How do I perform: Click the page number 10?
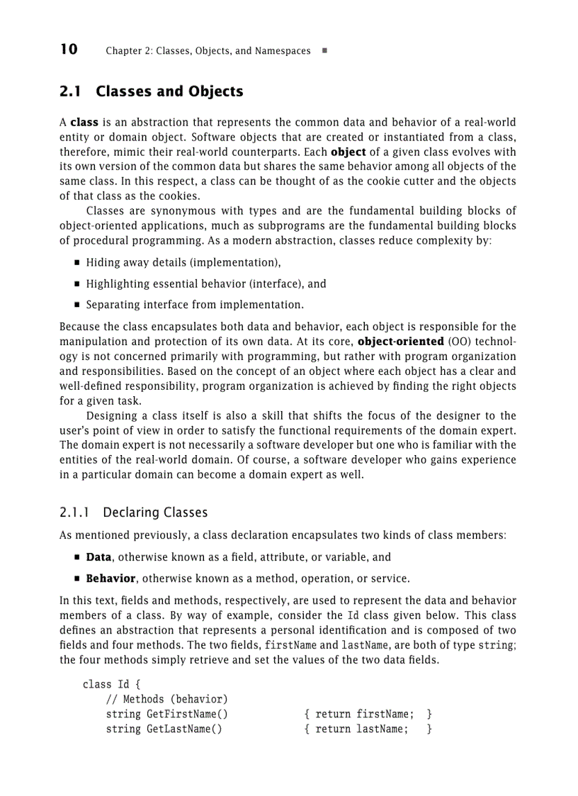tap(69, 50)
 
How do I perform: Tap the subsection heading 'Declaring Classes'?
tap(155, 512)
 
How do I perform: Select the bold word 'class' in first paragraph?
tap(84, 123)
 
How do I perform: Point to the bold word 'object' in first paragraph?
tap(348, 152)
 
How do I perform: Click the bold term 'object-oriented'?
tap(401, 342)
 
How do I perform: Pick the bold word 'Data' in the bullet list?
tap(98, 557)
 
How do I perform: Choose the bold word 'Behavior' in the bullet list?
tap(110, 578)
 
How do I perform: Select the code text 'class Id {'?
tap(112, 685)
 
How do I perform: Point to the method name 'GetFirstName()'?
tap(187, 714)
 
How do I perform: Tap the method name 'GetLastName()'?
tap(184, 729)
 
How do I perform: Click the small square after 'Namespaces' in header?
tap(324, 51)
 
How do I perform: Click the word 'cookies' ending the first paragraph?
tap(180, 196)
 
